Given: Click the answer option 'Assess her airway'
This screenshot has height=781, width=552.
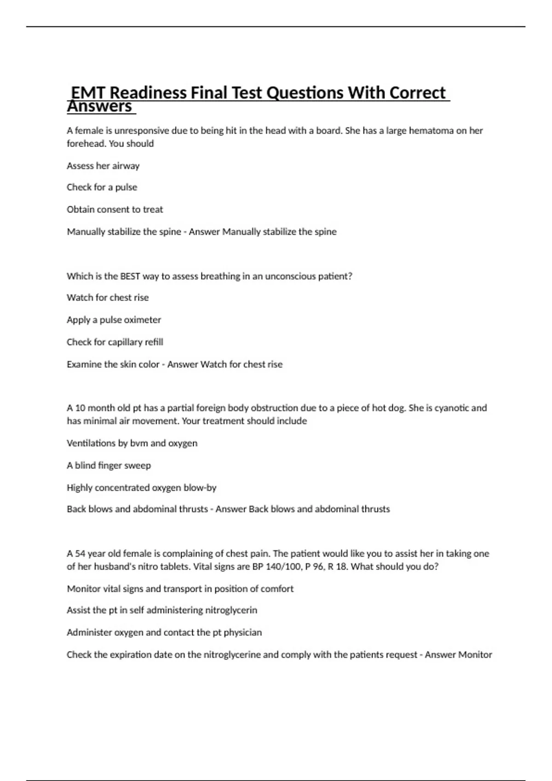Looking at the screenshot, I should [x=103, y=166].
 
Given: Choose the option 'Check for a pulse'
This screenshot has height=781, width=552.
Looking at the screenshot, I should [x=102, y=187].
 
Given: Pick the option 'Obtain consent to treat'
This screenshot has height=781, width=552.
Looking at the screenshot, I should [x=115, y=209].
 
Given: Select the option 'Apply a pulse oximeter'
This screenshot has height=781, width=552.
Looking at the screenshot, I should [x=114, y=320].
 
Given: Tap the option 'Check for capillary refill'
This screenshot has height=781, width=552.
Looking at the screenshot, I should [x=115, y=342].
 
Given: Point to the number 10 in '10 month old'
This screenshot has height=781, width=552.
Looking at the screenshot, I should [x=80, y=408].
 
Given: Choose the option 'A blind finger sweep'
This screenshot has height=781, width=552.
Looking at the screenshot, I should [x=109, y=465].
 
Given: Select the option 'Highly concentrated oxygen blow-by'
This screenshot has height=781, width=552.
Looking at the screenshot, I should [x=141, y=487].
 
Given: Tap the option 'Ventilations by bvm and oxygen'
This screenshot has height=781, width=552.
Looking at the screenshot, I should [x=132, y=443].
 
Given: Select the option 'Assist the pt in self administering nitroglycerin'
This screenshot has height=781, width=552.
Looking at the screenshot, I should [x=161, y=610].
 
